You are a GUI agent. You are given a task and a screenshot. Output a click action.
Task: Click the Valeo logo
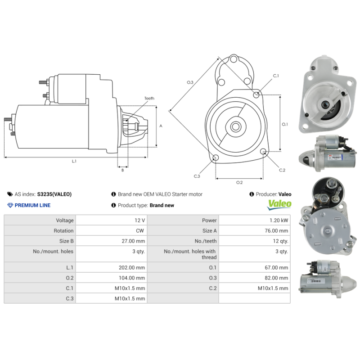point(279,205)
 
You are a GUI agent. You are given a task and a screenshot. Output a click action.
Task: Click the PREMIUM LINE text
point(32,205)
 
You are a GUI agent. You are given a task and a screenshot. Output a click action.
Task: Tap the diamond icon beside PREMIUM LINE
point(10,205)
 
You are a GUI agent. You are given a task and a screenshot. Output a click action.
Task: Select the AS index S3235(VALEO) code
point(54,194)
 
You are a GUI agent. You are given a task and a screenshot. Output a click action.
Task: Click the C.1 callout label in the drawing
point(276,76)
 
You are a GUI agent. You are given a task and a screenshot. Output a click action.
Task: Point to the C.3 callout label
point(197,176)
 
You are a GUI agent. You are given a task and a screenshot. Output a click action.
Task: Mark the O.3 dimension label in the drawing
point(190,82)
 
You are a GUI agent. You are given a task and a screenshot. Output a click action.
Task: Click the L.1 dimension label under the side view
point(74,162)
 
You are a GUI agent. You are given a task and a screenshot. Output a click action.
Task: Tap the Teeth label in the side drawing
point(149,98)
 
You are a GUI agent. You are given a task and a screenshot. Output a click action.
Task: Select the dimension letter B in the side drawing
point(122,170)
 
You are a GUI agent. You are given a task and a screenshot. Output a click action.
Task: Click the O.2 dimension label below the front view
point(239,182)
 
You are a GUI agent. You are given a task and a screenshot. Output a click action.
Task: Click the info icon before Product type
point(114,205)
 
